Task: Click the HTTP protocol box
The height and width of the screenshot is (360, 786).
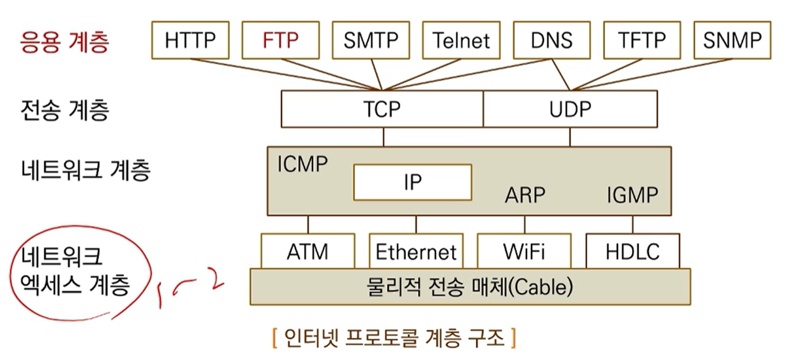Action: click(189, 40)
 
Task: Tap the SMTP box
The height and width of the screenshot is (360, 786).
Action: click(371, 40)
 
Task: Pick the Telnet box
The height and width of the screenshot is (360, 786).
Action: click(461, 40)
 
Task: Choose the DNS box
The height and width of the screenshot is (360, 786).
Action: click(551, 40)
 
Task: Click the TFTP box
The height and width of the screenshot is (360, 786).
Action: click(641, 40)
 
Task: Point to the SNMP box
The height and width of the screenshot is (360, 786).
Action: click(732, 40)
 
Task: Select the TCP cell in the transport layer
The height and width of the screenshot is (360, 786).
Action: click(383, 109)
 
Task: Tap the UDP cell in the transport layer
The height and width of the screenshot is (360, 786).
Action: click(569, 109)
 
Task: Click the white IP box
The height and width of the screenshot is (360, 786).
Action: click(412, 182)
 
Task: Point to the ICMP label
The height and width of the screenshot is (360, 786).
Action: click(303, 164)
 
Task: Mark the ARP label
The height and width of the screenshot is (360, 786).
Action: click(524, 195)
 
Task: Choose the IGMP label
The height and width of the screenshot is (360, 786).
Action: click(632, 195)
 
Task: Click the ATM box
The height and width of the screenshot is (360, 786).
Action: click(307, 251)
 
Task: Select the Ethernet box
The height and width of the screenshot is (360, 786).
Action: click(416, 252)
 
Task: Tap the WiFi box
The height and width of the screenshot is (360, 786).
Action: click(524, 251)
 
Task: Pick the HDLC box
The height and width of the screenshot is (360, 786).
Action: click(633, 251)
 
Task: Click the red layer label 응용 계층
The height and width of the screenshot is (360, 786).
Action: click(63, 42)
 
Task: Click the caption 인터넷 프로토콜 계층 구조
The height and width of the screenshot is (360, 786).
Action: click(395, 338)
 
